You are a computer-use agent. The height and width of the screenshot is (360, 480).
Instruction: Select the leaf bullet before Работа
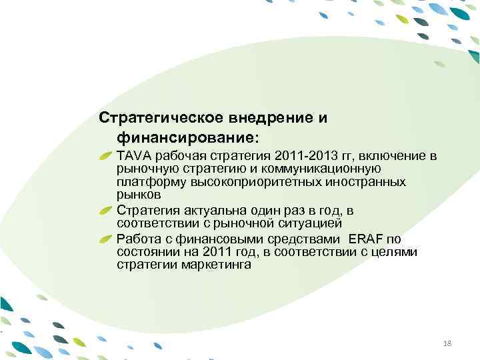click(107, 238)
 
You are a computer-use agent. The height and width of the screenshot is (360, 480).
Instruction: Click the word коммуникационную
click(323, 169)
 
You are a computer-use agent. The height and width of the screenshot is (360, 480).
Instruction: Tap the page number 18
click(447, 342)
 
